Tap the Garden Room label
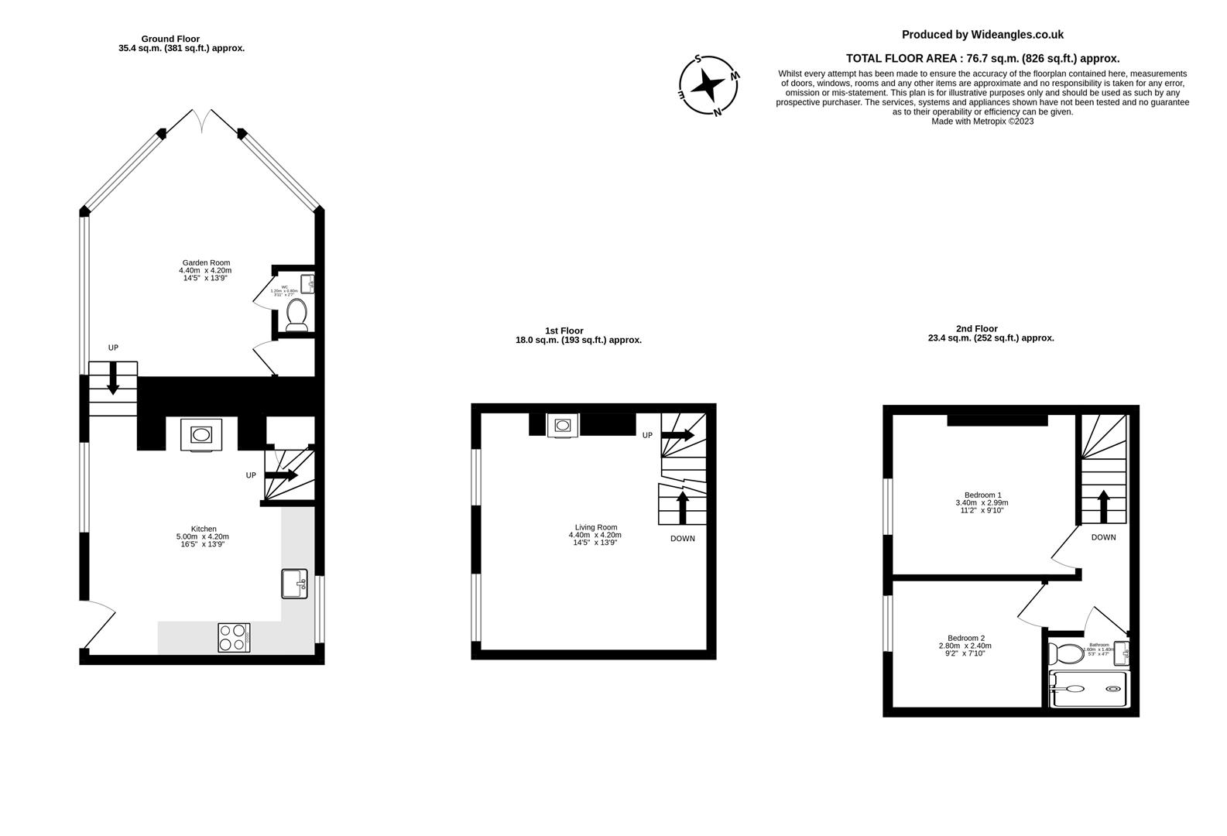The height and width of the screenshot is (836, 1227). tap(205, 270)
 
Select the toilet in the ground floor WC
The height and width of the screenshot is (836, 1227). tap(296, 314)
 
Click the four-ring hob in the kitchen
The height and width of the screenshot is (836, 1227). tap(234, 637)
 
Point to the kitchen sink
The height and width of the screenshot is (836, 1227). tap(294, 584)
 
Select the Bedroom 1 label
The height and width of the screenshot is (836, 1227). tap(982, 502)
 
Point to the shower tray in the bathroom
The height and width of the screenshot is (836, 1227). tap(1088, 688)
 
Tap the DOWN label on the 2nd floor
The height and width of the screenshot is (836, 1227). tap(1103, 537)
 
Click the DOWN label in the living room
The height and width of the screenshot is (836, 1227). tap(682, 539)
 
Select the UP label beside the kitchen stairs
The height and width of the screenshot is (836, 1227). tap(251, 475)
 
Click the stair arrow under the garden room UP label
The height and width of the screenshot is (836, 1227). tap(113, 379)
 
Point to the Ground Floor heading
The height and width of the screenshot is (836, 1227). tap(170, 39)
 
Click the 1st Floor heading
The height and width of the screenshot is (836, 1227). tap(564, 331)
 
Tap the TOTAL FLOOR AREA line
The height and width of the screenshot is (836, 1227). tap(982, 58)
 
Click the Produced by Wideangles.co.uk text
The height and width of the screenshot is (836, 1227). tap(982, 35)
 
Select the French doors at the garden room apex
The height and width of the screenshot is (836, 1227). tap(201, 119)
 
